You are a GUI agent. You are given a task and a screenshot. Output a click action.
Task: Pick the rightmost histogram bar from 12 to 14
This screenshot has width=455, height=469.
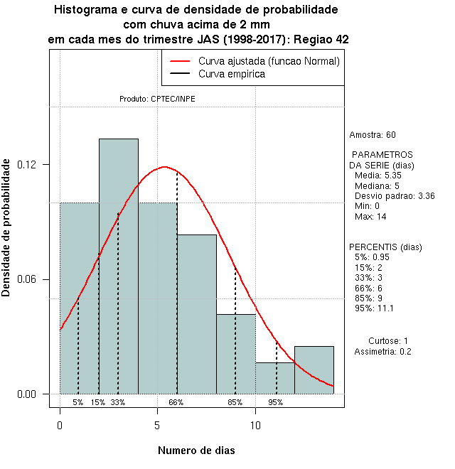coord(314,370)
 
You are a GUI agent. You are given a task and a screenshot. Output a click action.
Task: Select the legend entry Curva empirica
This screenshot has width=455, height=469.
coord(232,74)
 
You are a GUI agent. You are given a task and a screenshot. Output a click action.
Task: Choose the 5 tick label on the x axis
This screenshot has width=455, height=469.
coord(157,426)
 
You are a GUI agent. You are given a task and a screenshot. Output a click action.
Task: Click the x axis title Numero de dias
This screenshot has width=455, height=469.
coord(196,451)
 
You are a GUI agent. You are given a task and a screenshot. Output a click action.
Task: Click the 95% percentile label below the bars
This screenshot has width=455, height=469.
coord(276,402)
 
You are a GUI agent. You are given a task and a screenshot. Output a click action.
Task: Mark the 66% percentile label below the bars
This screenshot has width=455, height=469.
coord(176,402)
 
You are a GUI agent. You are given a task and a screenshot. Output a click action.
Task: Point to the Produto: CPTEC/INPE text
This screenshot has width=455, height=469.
coord(157,99)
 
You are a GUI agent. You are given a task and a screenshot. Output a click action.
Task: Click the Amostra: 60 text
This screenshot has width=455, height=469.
coord(373,134)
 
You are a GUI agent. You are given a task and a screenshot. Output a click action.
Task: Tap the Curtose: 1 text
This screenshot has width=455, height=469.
coord(388,341)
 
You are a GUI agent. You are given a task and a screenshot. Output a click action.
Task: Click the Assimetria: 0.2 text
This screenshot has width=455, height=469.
coord(382,352)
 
